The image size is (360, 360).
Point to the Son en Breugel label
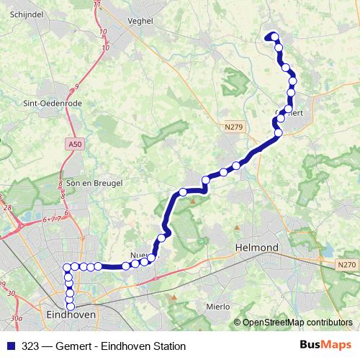point(94,184)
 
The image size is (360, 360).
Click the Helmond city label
point(257,248)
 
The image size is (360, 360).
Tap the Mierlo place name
point(217,306)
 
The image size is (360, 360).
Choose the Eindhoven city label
point(71,315)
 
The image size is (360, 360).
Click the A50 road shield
point(72,145)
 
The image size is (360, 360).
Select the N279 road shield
point(232,127)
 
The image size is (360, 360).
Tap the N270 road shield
point(346,265)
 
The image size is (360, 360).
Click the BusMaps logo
point(325,346)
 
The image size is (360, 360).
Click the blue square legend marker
point(9,346)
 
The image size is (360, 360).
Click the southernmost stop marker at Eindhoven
point(71,307)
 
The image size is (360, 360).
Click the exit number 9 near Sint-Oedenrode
point(76,86)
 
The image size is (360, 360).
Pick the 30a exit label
point(17,318)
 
